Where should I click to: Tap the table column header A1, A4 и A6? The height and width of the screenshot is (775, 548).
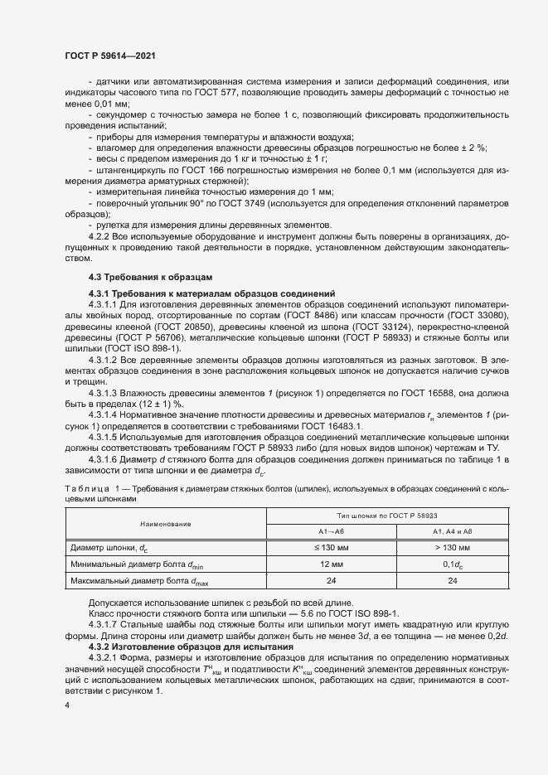(x=453, y=530)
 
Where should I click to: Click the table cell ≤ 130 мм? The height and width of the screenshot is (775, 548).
(x=332, y=548)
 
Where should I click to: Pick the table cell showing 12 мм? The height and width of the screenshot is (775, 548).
(x=332, y=564)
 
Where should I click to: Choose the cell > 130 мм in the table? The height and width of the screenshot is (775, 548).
(x=453, y=548)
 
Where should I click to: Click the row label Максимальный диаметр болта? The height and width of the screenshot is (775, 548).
(x=130, y=581)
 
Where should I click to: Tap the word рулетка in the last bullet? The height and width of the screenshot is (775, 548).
(x=113, y=225)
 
